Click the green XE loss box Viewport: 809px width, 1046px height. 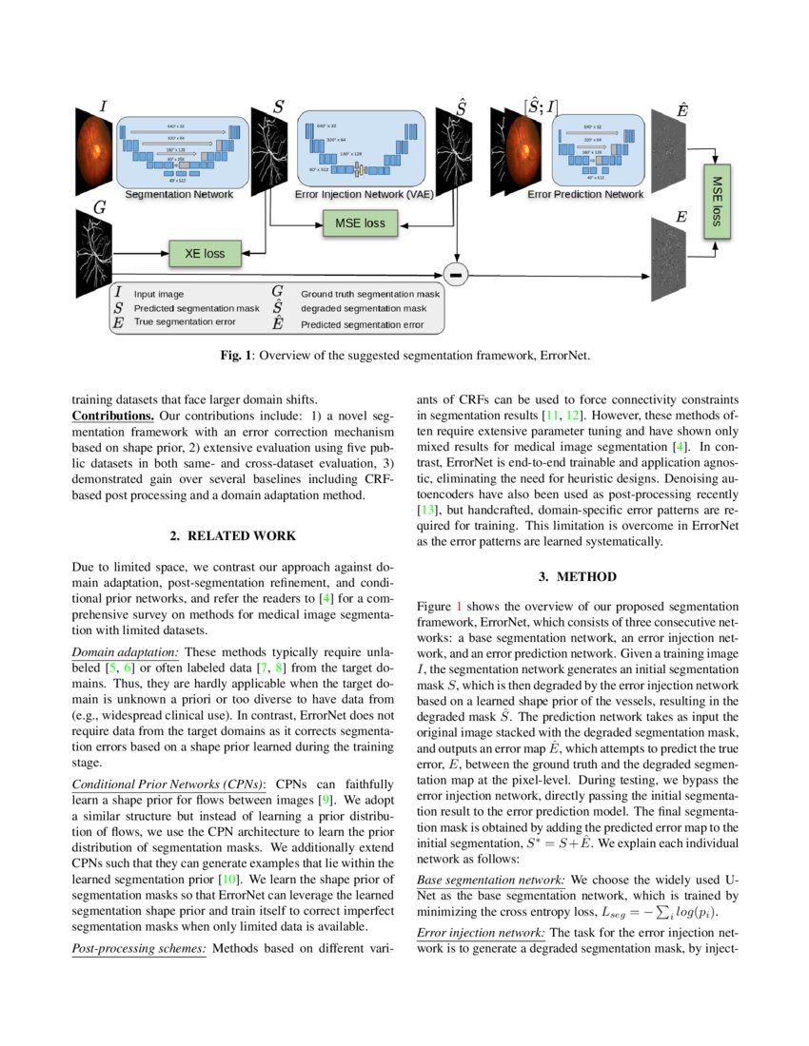point(206,253)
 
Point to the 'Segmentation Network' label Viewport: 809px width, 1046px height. point(179,193)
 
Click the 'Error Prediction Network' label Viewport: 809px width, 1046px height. point(584,193)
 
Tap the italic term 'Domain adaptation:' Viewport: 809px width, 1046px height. point(126,651)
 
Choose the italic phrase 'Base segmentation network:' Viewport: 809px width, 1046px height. point(491,878)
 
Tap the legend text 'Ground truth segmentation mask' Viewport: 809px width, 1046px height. point(370,295)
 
